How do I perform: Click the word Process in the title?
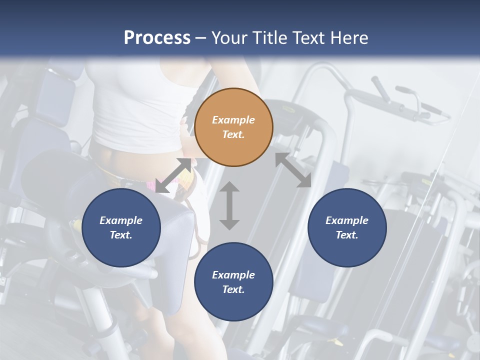pos(157,38)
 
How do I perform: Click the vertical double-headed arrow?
pos(229,205)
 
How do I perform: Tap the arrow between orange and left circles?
pos(173,175)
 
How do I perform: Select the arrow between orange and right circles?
pos(293,170)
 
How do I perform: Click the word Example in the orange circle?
pos(233,120)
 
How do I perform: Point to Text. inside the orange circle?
pos(233,134)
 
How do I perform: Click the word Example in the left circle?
pos(121,220)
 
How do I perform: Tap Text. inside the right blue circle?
pos(347,235)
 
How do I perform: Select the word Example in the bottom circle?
pos(233,275)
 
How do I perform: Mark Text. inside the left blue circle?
pos(121,235)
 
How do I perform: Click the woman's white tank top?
pos(145,100)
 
